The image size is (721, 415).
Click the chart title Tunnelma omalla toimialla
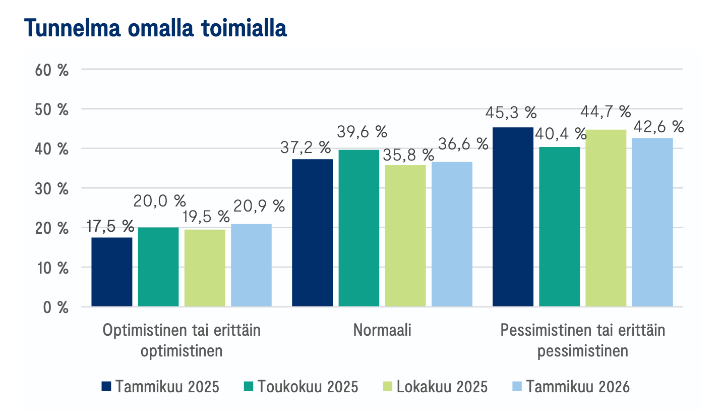(155, 29)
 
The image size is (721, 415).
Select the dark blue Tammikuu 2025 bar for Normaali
(313, 233)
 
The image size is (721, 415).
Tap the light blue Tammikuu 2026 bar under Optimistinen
(251, 265)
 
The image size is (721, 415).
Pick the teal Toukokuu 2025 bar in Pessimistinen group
(559, 227)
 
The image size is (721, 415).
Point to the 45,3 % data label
(510, 113)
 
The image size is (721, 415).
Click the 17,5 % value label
(110, 226)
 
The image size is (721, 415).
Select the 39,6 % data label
(361, 132)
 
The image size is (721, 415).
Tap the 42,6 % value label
(657, 126)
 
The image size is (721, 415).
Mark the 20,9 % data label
(259, 206)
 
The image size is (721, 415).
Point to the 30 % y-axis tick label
(52, 188)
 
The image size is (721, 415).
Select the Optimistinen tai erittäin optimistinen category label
(182, 340)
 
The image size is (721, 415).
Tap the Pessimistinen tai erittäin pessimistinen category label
(582, 340)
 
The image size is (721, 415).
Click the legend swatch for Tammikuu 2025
(106, 386)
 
